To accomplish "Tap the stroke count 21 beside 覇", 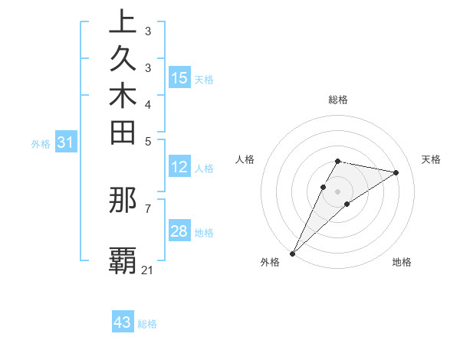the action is (147, 270).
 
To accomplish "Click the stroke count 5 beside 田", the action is (147, 141).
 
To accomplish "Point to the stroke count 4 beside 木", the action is (147, 104).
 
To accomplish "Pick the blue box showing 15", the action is (179, 78).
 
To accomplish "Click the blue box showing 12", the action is (179, 168).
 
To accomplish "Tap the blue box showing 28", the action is (179, 231).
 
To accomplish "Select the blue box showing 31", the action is (66, 142).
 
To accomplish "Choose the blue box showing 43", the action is (123, 322).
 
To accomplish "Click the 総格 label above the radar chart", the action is (338, 100).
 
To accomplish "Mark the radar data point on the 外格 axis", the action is (293, 253).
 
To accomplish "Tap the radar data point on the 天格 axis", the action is (396, 172).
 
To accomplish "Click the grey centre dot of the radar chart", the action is (338, 191).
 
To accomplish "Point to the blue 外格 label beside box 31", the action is (41, 143).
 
